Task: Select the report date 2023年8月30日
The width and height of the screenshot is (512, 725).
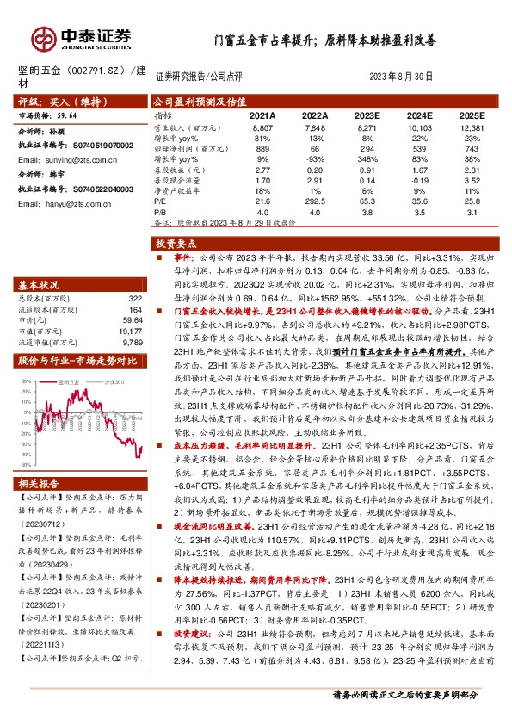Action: pos(401,76)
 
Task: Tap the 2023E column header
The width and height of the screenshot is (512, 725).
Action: pos(365,115)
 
